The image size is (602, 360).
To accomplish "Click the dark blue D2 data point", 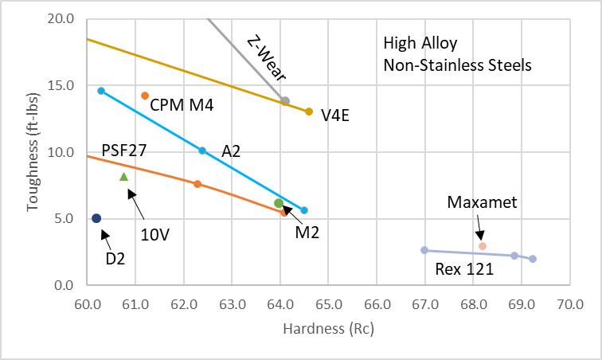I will point(96,218).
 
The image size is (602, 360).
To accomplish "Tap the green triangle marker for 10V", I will point(123,176).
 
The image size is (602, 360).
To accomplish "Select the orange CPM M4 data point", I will point(145,96).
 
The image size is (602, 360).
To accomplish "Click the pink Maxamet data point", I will point(483,246).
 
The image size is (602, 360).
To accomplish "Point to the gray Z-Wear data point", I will point(285,101).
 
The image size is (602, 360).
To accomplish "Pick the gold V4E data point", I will point(309,112).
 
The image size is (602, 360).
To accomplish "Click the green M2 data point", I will point(279,203).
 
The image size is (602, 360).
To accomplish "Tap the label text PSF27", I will point(124,151).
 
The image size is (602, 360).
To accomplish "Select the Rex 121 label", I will point(464,269).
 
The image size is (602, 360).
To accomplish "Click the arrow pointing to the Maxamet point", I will point(479,232).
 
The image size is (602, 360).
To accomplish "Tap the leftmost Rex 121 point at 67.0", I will point(424,250).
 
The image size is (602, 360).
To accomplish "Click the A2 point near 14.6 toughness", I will point(101,91).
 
